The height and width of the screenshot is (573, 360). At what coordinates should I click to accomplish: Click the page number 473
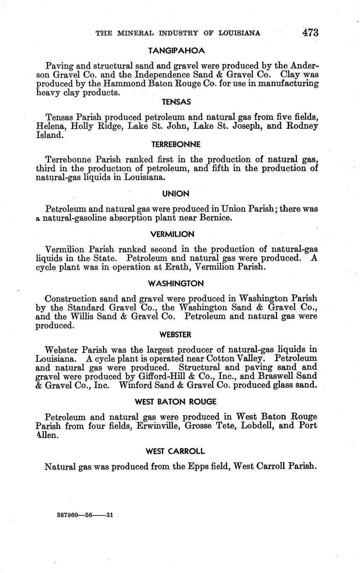[x=310, y=33]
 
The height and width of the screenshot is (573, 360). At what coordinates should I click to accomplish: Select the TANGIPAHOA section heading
[x=176, y=51]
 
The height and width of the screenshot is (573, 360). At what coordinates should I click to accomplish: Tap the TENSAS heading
[x=176, y=102]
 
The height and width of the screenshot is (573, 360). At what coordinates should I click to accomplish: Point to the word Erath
[x=188, y=267]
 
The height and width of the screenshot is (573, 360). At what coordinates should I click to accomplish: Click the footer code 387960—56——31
[x=85, y=515]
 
